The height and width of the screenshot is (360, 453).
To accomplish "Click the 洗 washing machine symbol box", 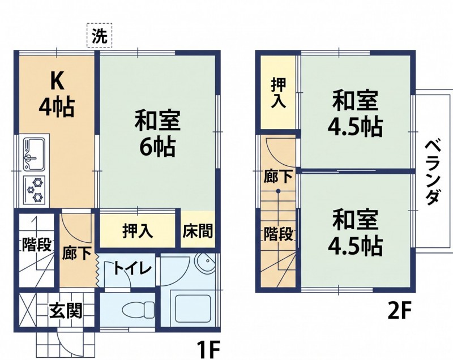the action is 100,36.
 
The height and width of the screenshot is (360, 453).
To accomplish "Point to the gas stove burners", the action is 35,190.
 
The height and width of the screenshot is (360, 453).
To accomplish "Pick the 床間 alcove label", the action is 198,231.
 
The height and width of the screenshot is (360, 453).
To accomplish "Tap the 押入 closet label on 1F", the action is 138,231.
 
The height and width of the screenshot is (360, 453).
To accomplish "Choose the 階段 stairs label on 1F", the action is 37,245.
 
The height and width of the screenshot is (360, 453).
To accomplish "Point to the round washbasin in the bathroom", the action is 205,262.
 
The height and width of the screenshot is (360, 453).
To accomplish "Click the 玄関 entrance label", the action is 66,310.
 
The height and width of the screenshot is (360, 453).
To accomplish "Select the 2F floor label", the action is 400,310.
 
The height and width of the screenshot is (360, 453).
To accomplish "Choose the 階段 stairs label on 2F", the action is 278,234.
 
